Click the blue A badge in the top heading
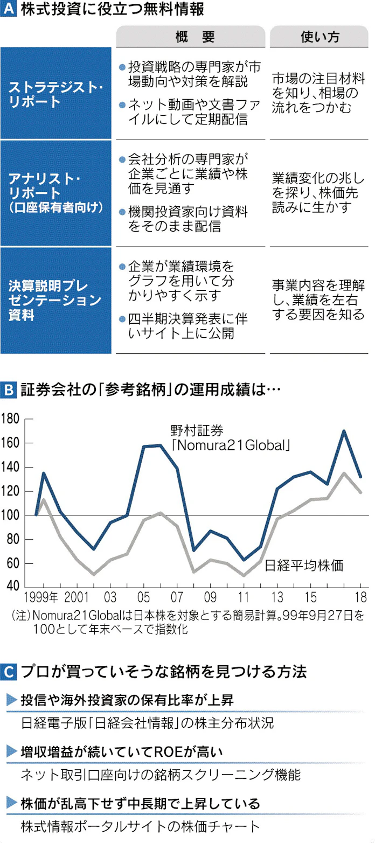click(9, 10)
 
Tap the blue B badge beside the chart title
click(9, 389)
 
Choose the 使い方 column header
click(320, 36)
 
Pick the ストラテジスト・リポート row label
click(56, 94)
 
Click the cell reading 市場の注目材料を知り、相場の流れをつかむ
click(320, 93)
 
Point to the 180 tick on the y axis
click(11, 419)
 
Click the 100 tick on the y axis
click(11, 516)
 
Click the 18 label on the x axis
click(360, 597)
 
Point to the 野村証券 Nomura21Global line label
click(231, 437)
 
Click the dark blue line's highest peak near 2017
click(344, 431)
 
